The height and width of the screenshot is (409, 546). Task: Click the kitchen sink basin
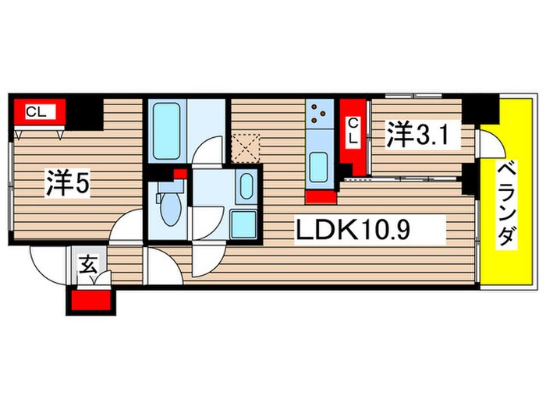[319, 165]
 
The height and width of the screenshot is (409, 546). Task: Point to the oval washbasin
[246, 188]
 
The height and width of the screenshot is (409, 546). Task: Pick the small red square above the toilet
[179, 174]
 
